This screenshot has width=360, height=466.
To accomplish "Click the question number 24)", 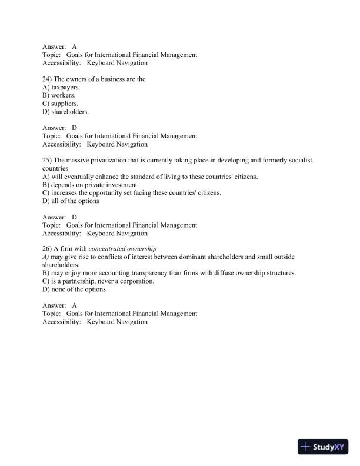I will tap(48, 79).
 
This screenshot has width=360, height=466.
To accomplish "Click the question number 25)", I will tap(48, 160).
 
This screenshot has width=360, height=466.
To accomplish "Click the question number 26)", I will tap(48, 249).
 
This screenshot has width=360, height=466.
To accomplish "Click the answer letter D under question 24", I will tap(75, 128).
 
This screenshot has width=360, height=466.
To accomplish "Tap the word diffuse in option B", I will tap(217, 274).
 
